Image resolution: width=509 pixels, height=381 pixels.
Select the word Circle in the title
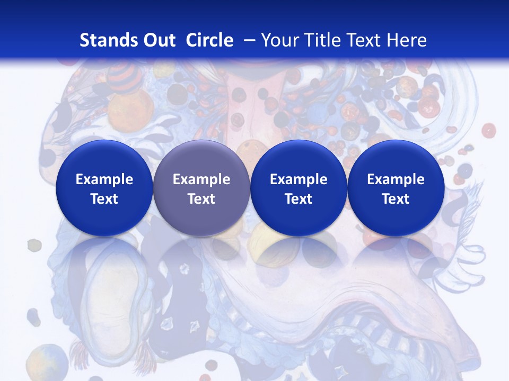point(209,40)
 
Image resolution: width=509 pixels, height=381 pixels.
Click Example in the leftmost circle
point(104,179)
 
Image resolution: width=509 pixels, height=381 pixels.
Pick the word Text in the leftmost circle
point(104,199)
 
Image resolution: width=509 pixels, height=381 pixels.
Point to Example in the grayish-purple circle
point(201,179)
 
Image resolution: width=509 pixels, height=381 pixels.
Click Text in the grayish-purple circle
point(201,199)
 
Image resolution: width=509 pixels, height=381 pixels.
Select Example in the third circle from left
point(299,179)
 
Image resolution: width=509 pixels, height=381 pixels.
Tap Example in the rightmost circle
point(396,179)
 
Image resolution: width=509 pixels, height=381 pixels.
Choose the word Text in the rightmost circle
point(396,199)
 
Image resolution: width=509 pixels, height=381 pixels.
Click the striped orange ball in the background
point(124,77)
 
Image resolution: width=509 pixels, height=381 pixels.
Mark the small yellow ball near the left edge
point(34,245)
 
